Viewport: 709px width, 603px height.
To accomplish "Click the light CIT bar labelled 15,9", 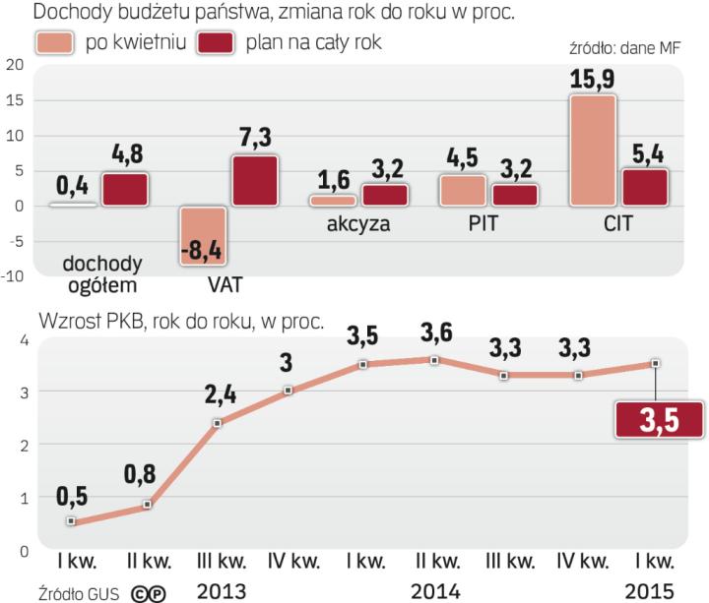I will [x=595, y=150].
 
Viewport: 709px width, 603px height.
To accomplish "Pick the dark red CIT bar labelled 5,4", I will [x=645, y=187].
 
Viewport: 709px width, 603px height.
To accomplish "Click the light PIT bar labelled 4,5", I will [x=463, y=190].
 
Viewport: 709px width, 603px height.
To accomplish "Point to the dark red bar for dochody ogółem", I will [x=126, y=189].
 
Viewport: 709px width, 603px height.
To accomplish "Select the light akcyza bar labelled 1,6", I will [x=333, y=200].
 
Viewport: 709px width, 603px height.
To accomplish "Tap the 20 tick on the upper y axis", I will [x=14, y=66].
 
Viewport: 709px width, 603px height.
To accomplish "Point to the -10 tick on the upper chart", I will [x=12, y=276].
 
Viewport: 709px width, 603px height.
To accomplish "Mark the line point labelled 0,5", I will [x=70, y=522].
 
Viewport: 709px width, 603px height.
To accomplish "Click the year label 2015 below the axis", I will [x=650, y=590].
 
